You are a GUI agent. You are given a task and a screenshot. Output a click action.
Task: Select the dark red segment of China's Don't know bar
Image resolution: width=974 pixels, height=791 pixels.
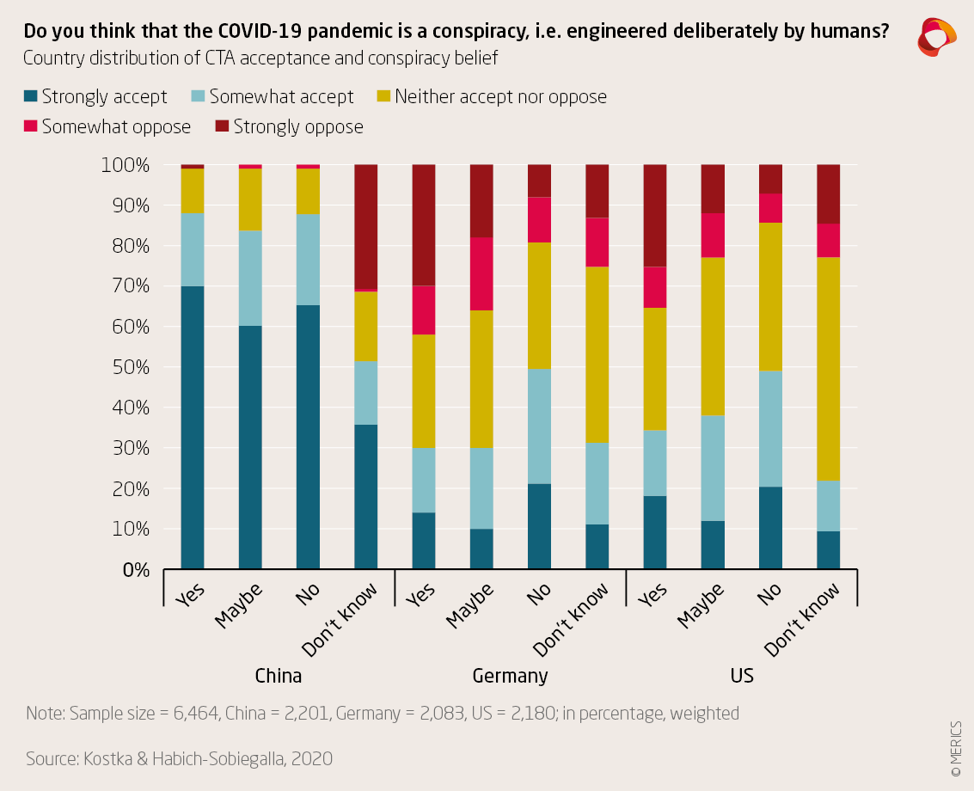[366, 227]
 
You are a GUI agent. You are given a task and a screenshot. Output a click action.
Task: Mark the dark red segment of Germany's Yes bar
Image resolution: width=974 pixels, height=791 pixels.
[424, 224]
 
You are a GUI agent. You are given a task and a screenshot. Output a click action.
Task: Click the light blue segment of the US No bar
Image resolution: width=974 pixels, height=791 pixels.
[770, 428]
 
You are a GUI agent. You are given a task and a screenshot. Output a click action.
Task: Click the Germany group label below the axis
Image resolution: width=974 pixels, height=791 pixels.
[510, 676]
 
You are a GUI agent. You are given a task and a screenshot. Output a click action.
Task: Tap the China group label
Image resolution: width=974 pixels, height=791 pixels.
[279, 676]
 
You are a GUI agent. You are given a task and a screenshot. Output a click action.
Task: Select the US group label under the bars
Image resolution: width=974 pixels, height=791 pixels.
[742, 676]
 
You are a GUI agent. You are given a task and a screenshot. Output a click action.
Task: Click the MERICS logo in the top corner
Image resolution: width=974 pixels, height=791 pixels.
[936, 37]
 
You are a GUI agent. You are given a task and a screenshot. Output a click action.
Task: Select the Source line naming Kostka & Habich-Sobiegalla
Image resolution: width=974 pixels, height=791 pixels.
[179, 759]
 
